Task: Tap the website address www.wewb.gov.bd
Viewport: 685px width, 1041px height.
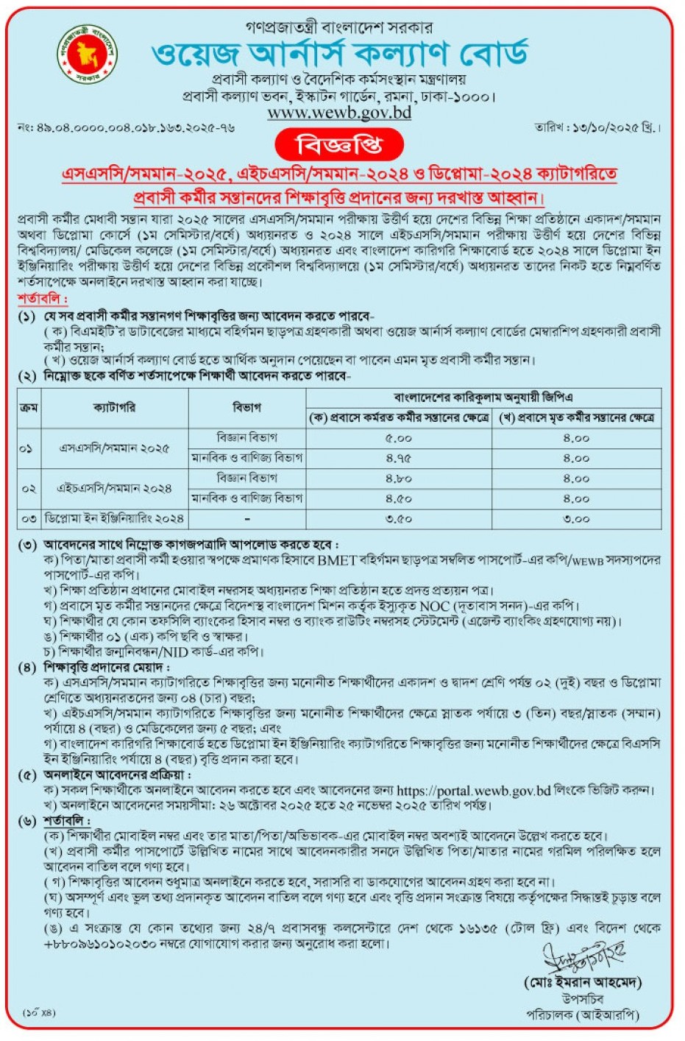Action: tap(339, 113)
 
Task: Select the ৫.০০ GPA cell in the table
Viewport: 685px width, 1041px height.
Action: tap(399, 438)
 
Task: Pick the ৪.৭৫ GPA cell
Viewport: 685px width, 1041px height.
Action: tap(399, 458)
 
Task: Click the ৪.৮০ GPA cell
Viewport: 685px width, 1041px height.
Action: tap(399, 479)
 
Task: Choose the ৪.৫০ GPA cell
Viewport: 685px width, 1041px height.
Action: tap(399, 498)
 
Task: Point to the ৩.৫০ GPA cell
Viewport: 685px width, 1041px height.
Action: tap(399, 519)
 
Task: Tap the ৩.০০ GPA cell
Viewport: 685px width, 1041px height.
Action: tap(576, 519)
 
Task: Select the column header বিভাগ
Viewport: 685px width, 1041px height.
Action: tap(246, 407)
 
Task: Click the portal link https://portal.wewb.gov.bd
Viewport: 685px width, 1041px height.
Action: tap(473, 791)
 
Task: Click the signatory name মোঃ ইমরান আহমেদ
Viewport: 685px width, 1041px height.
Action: tap(583, 982)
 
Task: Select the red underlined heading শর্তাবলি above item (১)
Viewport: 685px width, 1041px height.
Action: tap(43, 300)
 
